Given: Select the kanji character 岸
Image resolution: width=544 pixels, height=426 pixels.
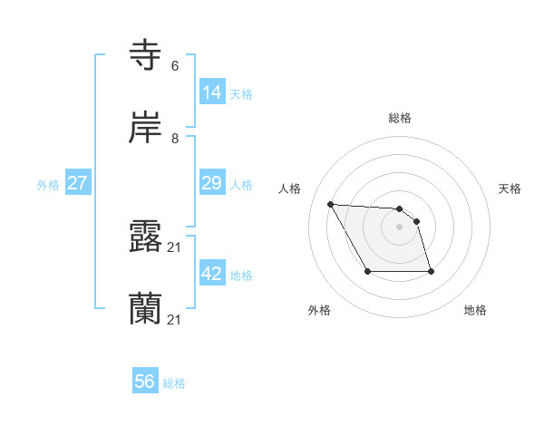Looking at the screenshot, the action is pyautogui.click(x=147, y=127).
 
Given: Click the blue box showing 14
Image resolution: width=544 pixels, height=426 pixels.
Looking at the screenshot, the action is pyautogui.click(x=212, y=92).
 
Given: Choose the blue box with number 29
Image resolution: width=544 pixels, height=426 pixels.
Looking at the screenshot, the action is pyautogui.click(x=212, y=182).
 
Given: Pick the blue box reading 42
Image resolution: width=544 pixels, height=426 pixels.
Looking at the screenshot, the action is pyautogui.click(x=212, y=273).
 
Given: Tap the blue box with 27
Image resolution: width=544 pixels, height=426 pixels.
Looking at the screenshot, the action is pyautogui.click(x=78, y=182).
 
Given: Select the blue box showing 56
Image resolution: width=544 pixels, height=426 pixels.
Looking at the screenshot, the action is pyautogui.click(x=145, y=382).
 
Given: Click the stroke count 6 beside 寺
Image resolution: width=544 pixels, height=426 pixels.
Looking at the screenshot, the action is pyautogui.click(x=175, y=66).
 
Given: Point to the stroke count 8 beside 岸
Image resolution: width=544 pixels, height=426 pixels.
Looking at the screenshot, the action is pyautogui.click(x=175, y=139).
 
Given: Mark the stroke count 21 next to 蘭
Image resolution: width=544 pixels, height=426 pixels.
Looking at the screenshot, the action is pyautogui.click(x=176, y=320).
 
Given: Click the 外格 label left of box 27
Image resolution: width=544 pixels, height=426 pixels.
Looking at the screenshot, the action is pyautogui.click(x=48, y=185).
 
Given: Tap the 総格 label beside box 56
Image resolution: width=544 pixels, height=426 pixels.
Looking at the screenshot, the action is pyautogui.click(x=174, y=383).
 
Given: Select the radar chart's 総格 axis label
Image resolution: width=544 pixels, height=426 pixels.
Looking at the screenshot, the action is pyautogui.click(x=400, y=118).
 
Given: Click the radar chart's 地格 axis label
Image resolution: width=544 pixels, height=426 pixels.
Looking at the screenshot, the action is pyautogui.click(x=475, y=311).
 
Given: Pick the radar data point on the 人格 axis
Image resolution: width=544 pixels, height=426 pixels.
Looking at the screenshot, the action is pyautogui.click(x=330, y=204).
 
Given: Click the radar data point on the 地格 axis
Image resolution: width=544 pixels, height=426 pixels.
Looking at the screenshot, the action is pyautogui.click(x=430, y=271).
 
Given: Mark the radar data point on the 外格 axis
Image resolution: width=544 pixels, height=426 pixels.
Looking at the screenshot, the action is pyautogui.click(x=367, y=271).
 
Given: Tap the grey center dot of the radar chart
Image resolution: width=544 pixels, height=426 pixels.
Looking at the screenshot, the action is pyautogui.click(x=399, y=227).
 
